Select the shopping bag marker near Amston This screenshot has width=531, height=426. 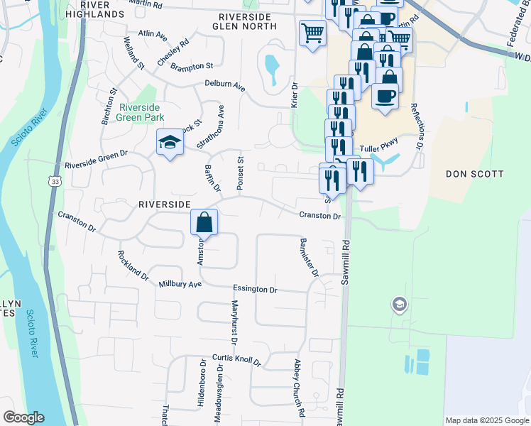coord(204,223)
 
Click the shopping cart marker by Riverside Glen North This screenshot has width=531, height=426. coord(312,33)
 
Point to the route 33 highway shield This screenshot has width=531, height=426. coord(54,182)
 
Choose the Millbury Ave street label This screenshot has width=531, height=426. coord(180,284)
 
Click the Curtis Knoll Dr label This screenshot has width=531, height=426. coord(236,360)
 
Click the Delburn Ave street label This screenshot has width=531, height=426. coord(224,85)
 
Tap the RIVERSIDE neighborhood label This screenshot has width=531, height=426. coord(164,204)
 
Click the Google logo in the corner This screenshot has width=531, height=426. coord(23,417)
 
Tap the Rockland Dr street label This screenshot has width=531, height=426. coord(133,265)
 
